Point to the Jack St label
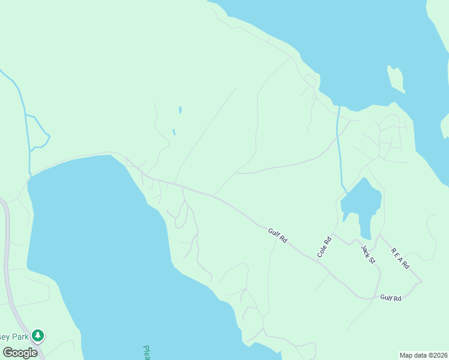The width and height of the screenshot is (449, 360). point(367,253)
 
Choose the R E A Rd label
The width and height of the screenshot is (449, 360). point(400,258)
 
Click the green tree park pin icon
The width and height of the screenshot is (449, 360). point(38,335)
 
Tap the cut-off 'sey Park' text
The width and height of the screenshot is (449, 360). point(14,336)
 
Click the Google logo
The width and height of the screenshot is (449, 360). point(20,353)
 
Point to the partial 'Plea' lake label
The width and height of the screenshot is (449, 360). point(146,352)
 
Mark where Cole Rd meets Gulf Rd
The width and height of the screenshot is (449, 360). point(318,258)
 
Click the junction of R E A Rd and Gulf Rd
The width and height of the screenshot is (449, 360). point(421,281)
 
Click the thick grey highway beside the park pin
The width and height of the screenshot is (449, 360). point(7,270)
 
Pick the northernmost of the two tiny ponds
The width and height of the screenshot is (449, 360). point(179,110)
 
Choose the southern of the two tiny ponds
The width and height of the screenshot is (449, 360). point(174,132)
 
